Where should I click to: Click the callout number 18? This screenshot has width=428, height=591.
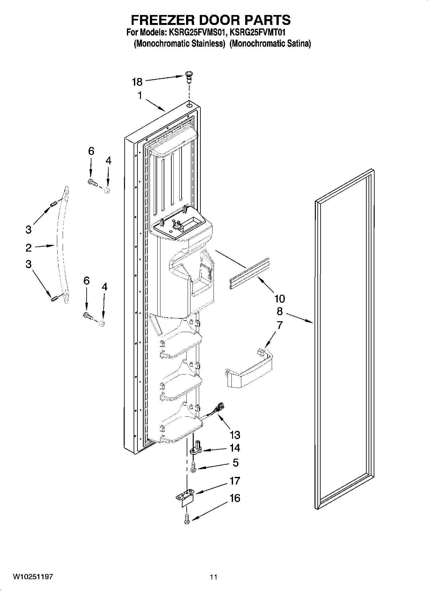tap(137, 82)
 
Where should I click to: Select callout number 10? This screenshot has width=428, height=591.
tap(279, 299)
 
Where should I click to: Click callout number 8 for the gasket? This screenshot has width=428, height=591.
tap(279, 311)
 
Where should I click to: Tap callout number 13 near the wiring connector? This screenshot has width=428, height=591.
tap(235, 435)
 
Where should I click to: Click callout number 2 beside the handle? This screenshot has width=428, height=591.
tap(28, 247)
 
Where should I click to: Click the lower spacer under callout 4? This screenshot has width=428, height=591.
tap(102, 324)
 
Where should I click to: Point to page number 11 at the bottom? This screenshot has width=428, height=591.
tap(214, 577)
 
